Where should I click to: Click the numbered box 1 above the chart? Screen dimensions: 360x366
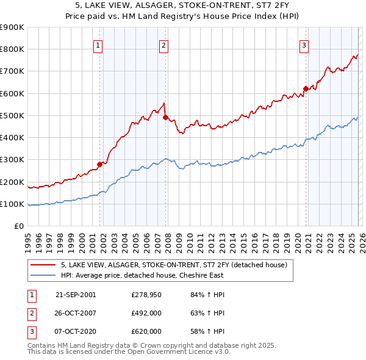click(x=98, y=44)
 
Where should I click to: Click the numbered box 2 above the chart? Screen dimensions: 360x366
click(x=163, y=44)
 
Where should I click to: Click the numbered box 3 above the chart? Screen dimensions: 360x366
click(x=304, y=44)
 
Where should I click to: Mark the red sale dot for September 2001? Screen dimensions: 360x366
click(x=100, y=164)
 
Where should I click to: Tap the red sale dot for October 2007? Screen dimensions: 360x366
click(x=165, y=117)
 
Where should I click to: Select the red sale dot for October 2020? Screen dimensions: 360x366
click(x=306, y=88)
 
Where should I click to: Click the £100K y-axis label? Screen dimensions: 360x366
click(x=12, y=204)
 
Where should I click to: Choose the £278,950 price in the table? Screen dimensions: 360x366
click(x=146, y=295)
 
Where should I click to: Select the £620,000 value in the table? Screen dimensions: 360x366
click(x=146, y=331)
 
